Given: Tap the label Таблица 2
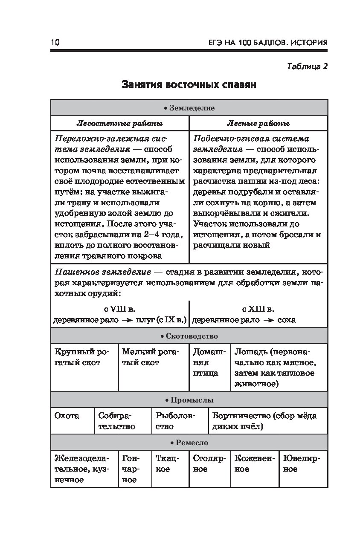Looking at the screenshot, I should pos(307,66).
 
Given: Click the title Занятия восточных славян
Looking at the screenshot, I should pos(189,84).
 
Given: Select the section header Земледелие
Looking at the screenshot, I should pos(189,108).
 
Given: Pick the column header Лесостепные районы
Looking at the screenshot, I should pos(119,124).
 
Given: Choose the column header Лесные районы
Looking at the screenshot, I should pos(258,124).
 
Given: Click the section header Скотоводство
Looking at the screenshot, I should pos(189,336).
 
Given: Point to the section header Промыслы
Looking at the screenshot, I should pos(189,400).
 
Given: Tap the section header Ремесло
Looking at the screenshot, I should pos(189,443).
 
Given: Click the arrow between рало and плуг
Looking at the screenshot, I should pos(127,320).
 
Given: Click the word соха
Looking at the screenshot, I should pos(286,320).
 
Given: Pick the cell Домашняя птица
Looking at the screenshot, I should pos(209,362).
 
